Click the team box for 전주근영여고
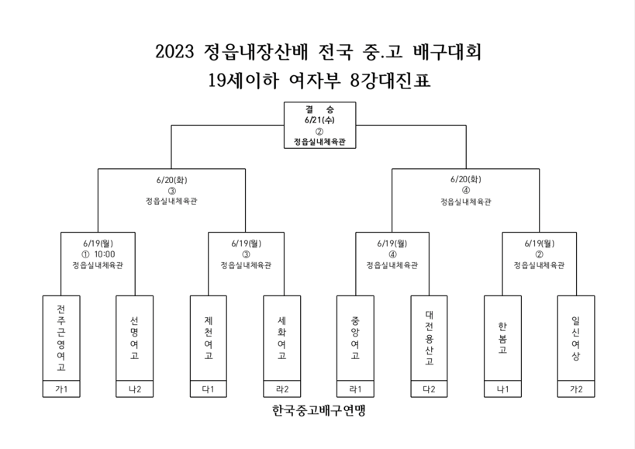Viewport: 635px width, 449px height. (61, 338)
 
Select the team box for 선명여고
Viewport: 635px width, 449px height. (134, 338)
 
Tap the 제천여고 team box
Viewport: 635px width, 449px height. (208, 338)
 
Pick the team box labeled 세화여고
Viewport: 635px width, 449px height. (282, 338)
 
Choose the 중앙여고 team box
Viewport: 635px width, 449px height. (355, 338)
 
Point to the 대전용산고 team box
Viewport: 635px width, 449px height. (429, 338)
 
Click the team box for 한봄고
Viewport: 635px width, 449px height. (502, 338)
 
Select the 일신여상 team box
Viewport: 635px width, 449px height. (576, 338)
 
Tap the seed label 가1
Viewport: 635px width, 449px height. (61, 389)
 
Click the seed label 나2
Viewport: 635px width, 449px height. (134, 389)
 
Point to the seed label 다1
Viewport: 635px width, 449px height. (208, 389)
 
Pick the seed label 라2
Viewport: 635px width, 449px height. (282, 389)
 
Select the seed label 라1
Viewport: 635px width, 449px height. (355, 389)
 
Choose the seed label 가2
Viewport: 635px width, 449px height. (576, 389)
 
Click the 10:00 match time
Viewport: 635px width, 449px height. (105, 254)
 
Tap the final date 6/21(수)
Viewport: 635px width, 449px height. (319, 120)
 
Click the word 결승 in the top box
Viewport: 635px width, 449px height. (319, 109)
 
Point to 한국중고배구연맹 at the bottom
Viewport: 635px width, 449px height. (319, 410)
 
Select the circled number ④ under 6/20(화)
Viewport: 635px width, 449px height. (466, 190)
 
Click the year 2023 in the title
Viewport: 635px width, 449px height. (175, 52)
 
